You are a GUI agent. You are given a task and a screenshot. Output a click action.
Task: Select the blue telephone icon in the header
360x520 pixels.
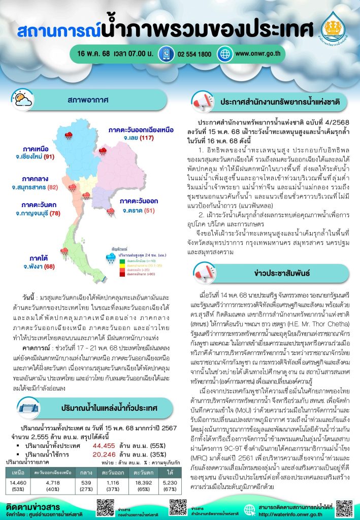click(x=165, y=54)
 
